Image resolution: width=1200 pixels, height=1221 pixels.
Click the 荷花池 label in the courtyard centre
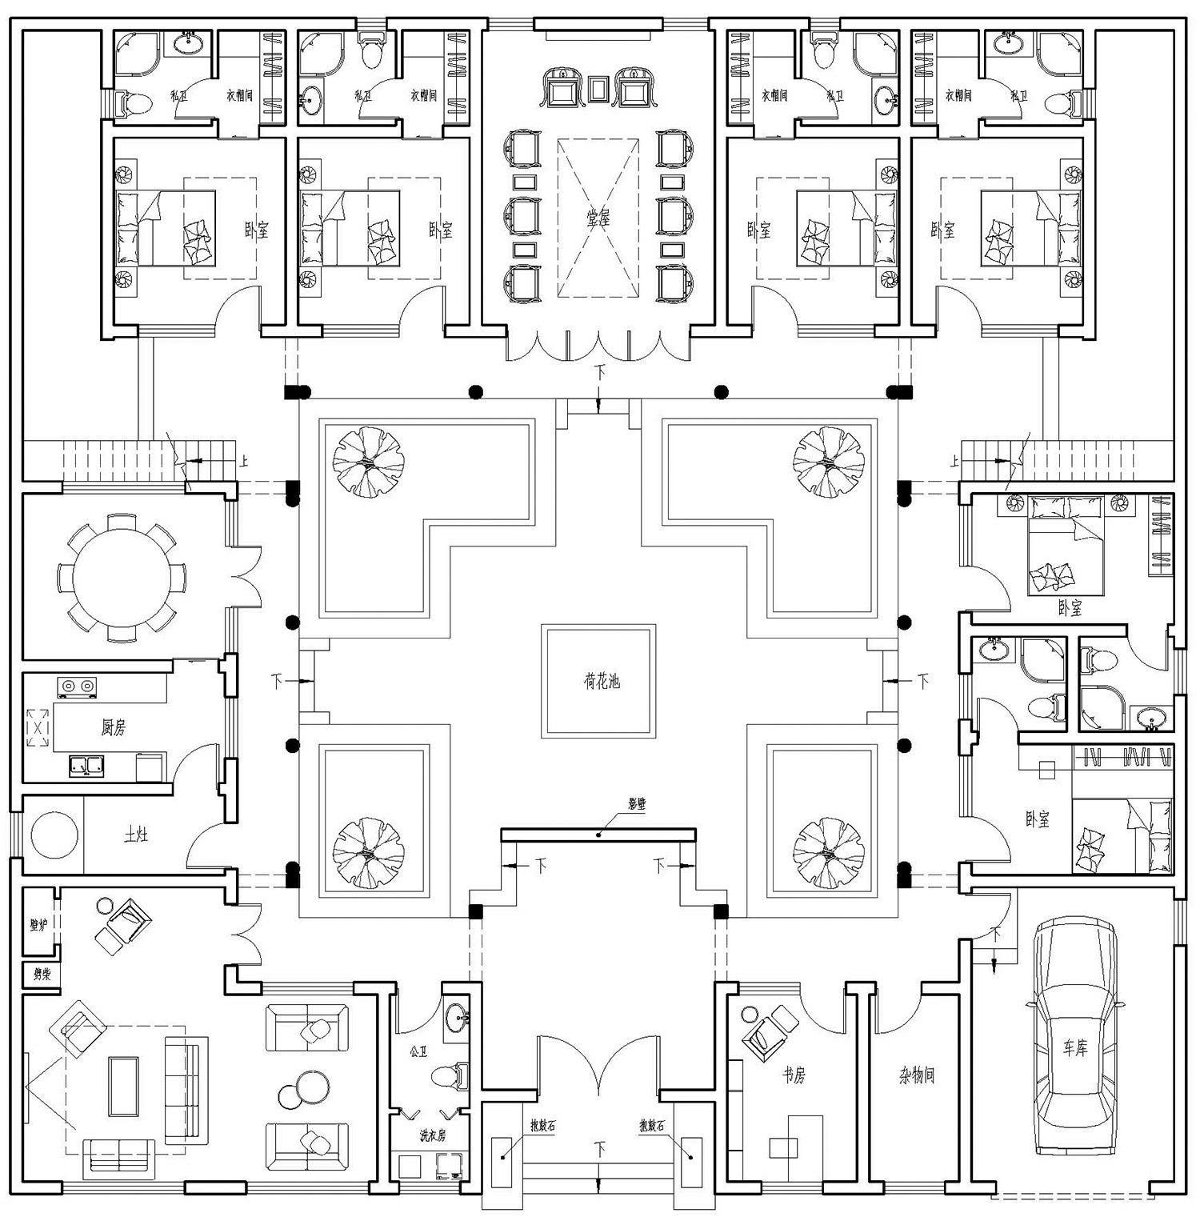601,682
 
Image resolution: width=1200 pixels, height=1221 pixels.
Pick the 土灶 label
135,835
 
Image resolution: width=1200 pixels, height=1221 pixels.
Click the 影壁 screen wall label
636,804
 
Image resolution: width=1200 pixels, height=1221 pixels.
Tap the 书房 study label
793,1075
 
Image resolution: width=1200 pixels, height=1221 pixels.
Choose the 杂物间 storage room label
917,1075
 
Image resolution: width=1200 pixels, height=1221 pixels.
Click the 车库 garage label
1075,1048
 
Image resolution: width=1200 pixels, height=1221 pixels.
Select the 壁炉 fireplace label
38,925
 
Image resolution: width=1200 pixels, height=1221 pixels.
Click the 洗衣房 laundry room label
433,1136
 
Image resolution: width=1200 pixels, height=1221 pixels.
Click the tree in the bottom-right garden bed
828,853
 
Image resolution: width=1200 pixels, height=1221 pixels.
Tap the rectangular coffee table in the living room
124,1086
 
